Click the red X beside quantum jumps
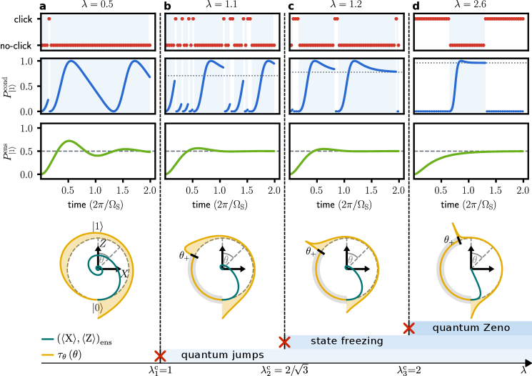click(160, 356)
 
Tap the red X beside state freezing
click(284, 342)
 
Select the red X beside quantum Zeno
click(408, 328)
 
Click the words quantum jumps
click(222, 355)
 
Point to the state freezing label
click(346, 342)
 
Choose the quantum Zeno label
click(471, 328)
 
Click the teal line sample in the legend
click(48, 340)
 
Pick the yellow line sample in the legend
click(48, 355)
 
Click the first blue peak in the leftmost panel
click(70, 61)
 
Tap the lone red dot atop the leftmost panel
click(49, 19)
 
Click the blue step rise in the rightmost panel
click(454, 86)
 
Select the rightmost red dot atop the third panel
click(396, 19)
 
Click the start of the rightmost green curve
click(416, 174)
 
